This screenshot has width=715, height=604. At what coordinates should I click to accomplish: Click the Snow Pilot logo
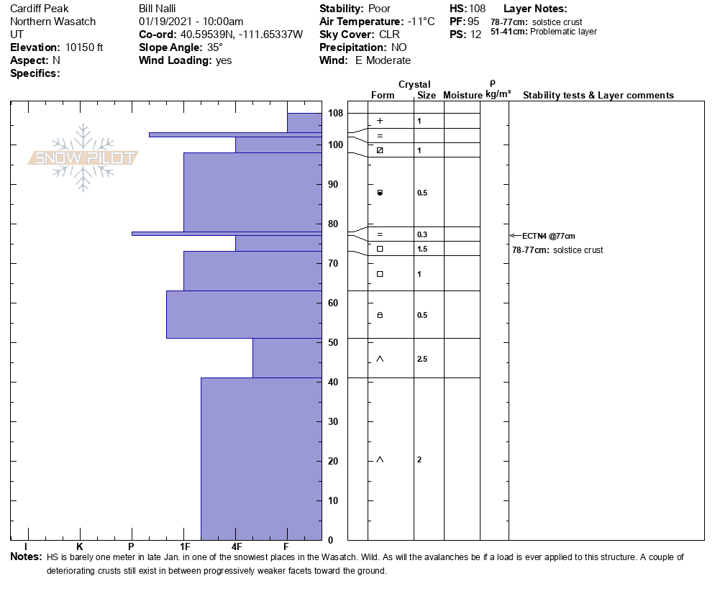(x=83, y=157)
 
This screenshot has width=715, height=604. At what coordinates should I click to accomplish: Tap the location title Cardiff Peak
(x=39, y=9)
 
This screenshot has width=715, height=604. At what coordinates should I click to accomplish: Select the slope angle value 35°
(x=215, y=47)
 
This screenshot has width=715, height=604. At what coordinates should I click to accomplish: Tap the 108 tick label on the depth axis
(x=335, y=114)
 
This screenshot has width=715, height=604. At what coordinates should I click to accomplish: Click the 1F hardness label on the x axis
(x=184, y=546)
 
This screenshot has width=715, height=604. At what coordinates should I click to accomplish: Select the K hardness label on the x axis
(x=80, y=546)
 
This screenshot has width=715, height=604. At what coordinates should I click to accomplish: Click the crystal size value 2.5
(x=422, y=359)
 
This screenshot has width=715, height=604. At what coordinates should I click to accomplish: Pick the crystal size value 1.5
(x=422, y=249)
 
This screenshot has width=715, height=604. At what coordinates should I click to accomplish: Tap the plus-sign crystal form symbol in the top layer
(x=380, y=121)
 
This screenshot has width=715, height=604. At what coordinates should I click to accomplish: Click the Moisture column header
(x=463, y=96)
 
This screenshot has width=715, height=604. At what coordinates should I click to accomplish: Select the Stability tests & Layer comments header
(x=598, y=96)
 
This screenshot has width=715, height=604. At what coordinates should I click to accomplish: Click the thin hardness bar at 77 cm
(x=227, y=233)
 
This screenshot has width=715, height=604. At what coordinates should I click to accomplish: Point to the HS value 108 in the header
(x=477, y=9)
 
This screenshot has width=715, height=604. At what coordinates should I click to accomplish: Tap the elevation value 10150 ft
(x=84, y=47)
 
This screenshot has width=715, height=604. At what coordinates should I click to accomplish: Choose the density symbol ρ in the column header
(x=492, y=83)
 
